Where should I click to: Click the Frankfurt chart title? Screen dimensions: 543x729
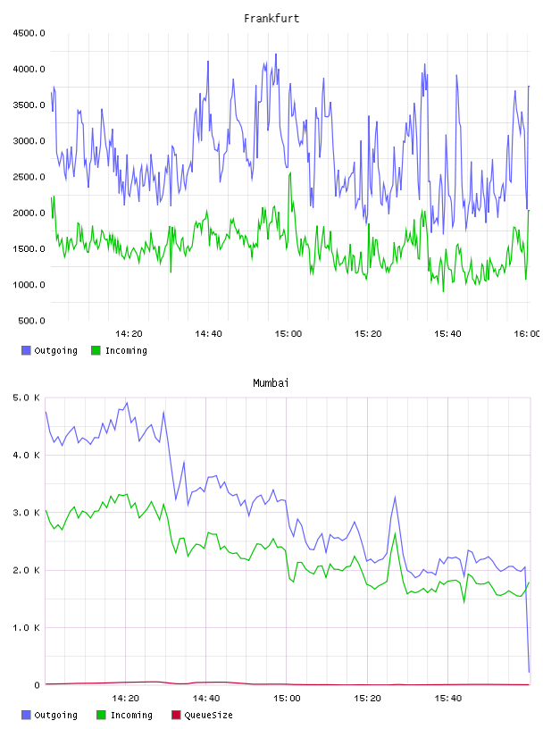271,19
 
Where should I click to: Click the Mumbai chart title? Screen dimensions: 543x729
271,383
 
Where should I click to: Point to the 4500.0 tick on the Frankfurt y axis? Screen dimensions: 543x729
29,33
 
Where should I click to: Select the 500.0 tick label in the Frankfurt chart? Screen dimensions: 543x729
31,321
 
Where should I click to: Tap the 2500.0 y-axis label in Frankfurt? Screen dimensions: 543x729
29,177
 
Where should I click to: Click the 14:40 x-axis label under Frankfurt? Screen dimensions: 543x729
208,334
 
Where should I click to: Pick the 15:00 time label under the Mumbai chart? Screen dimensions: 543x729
287,699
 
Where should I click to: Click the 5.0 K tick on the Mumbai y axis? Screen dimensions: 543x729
27,398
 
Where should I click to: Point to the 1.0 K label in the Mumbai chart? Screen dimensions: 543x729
27,628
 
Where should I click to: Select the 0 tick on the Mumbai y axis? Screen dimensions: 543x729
38,685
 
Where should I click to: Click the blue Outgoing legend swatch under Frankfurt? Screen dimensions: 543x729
26,350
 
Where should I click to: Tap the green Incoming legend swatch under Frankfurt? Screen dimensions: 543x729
96,350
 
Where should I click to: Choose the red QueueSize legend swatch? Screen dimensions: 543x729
176,715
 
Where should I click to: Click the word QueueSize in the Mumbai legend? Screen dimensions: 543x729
208,715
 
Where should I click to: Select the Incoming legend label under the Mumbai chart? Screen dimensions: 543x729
131,715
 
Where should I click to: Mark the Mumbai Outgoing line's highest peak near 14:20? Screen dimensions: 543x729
127,403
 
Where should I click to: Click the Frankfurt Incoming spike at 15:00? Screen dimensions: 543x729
290,172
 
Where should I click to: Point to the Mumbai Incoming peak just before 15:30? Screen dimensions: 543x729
395,533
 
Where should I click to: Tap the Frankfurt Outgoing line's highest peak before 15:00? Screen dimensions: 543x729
276,54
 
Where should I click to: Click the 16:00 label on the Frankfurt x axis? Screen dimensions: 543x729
526,334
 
